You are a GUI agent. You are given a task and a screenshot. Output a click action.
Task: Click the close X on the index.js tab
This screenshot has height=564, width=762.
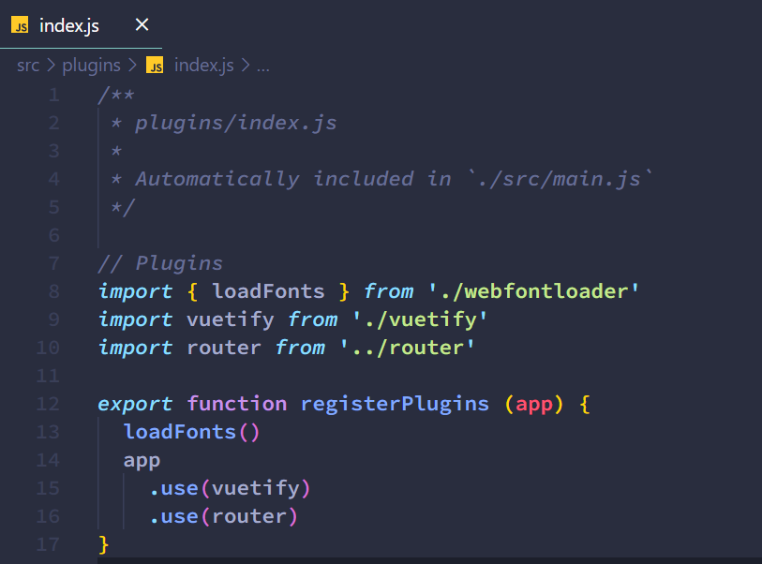point(142,24)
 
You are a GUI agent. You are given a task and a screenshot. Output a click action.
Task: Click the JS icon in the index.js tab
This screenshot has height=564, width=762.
point(20,25)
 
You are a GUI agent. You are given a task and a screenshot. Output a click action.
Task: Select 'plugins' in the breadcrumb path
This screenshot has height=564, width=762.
point(91,66)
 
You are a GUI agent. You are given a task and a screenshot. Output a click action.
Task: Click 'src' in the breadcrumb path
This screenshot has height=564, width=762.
point(28,66)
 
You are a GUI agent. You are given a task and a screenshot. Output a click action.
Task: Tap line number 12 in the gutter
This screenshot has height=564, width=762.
point(48,404)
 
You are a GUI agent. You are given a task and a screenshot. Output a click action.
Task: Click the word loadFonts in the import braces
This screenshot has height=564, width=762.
point(268,291)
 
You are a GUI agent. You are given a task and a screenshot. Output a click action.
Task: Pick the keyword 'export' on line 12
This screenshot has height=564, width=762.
point(135,404)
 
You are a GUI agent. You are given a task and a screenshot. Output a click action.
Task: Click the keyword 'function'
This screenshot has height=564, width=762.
point(237,404)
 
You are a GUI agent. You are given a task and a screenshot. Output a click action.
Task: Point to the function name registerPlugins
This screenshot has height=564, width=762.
point(395,404)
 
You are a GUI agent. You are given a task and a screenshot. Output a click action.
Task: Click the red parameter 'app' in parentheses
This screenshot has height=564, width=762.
point(534,404)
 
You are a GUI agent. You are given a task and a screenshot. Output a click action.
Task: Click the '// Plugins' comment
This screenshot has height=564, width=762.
point(160,263)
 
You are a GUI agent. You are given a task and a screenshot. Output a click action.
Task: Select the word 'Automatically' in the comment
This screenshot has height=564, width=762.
point(217,179)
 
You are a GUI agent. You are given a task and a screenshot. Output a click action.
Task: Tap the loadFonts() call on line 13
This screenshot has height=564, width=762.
point(190,432)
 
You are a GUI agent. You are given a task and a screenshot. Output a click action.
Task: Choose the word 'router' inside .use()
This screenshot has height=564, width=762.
point(248,516)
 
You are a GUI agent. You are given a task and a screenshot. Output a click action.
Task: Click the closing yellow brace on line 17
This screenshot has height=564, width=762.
point(104,544)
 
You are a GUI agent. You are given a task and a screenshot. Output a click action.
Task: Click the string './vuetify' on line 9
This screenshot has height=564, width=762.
point(420,319)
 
